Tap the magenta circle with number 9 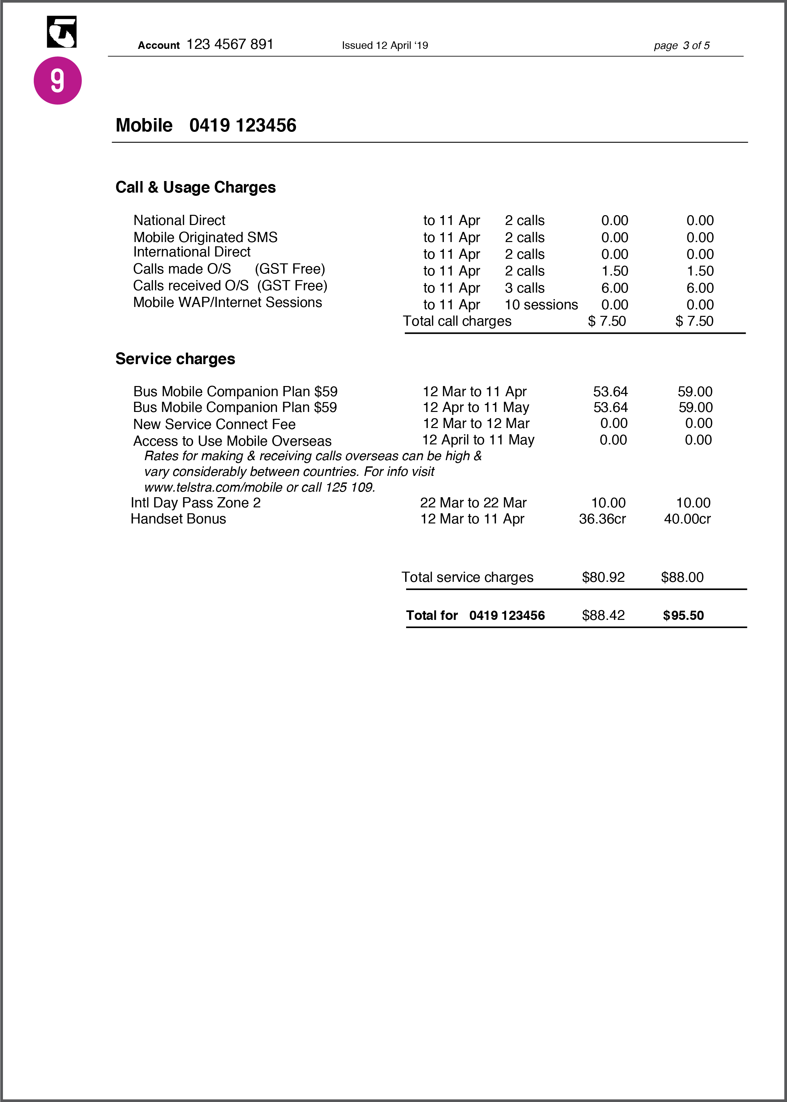point(58,80)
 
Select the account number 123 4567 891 point(230,45)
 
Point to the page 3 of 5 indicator point(681,46)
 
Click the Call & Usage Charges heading point(195,187)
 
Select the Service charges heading point(175,359)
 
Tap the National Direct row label point(179,221)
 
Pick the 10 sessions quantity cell point(541,305)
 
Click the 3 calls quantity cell point(524,288)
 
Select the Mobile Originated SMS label point(206,237)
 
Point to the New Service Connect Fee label point(214,424)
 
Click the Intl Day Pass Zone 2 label point(196,503)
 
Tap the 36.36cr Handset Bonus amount point(602,519)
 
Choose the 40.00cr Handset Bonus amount point(687,519)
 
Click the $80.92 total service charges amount point(603,578)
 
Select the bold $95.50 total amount point(683,616)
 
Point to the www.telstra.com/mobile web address point(213,488)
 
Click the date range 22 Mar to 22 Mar point(473,503)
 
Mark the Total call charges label point(457,321)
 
